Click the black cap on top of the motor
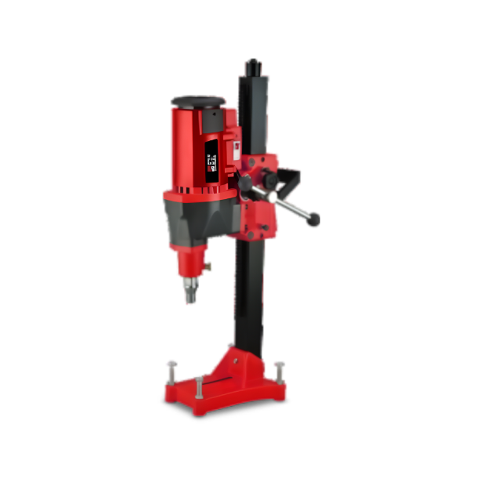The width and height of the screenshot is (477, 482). [197, 101]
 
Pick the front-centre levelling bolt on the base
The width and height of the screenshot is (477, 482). [199, 386]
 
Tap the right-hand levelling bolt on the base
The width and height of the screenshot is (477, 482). [278, 370]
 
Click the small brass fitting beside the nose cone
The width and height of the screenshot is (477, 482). [208, 266]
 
